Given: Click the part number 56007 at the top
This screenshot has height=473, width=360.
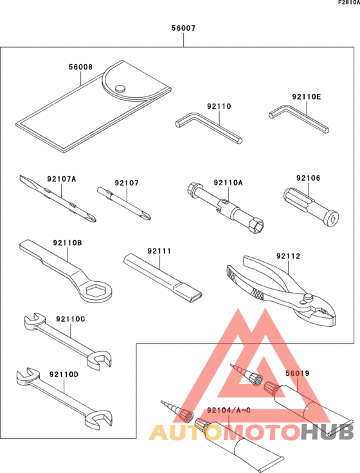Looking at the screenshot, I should (183, 29).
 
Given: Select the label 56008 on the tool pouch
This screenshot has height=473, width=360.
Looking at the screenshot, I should (80, 67).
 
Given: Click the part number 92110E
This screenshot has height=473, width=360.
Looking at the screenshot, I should (306, 97).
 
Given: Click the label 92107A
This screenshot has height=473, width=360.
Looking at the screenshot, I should (62, 178).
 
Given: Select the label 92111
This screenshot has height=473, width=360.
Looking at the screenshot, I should (159, 250).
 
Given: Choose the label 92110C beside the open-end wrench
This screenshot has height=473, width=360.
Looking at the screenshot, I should (70, 319).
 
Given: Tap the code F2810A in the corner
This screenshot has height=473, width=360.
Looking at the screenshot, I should (345, 4).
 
